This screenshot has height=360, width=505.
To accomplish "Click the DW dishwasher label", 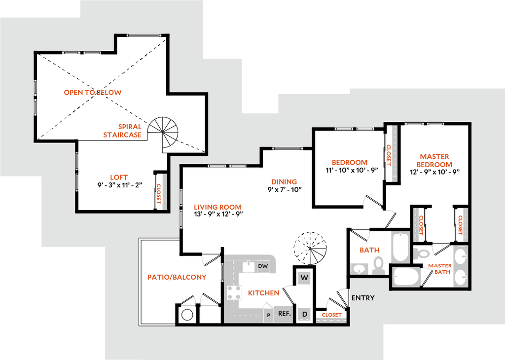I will [x=263, y=266].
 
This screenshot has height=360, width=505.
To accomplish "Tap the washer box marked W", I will [x=304, y=278].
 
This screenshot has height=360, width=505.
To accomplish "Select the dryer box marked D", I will [x=304, y=314].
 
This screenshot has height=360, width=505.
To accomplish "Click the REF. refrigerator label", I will [x=284, y=313].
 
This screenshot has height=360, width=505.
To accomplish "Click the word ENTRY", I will [x=362, y=298].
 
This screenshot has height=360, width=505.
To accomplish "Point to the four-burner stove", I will [x=234, y=292].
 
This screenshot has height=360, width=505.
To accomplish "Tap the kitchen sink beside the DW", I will [x=249, y=266].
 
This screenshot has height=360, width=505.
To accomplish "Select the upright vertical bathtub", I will [x=400, y=247].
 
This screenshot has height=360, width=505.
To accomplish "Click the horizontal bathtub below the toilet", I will [x=407, y=277].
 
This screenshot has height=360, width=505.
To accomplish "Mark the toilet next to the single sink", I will [x=379, y=265].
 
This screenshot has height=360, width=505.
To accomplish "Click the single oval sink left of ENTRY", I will [x=359, y=269].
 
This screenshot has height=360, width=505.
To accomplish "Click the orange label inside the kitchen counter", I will [x=263, y=293].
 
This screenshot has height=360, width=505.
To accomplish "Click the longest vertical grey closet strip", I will [x=394, y=153].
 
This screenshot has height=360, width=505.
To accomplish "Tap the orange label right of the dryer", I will [x=331, y=314].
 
